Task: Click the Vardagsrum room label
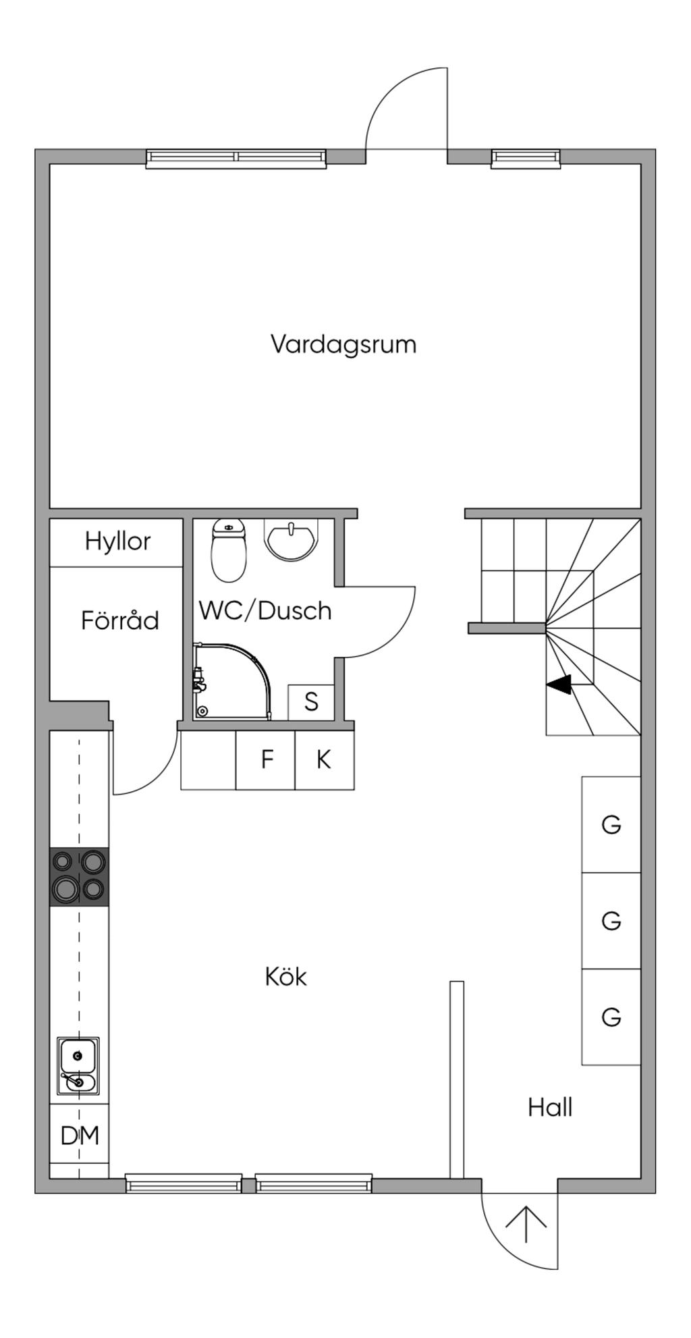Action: pos(343,344)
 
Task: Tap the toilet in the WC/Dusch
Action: pos(229,550)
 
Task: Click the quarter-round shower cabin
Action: pos(231,681)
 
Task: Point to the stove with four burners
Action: pos(80,876)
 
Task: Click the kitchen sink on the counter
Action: pos(78,1066)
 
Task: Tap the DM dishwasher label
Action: pos(80,1135)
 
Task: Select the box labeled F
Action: pos(266,759)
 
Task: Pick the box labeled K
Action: pos(325,759)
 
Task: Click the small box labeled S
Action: pos(311,702)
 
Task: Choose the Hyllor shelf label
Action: pos(117,541)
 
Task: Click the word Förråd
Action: pos(120,620)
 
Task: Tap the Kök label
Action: pos(286,977)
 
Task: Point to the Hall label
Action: pos(550,1107)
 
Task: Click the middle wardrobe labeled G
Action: pos(611,921)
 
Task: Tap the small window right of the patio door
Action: pos(526,159)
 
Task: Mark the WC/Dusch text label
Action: pos(265,610)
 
